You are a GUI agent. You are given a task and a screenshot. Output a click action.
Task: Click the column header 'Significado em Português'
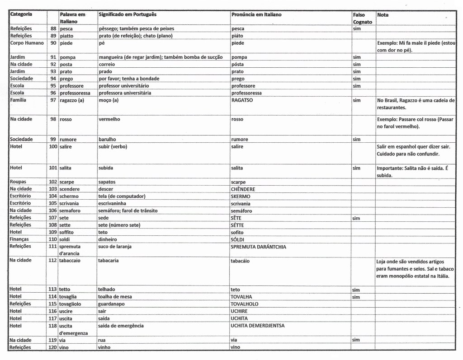(x=128, y=15)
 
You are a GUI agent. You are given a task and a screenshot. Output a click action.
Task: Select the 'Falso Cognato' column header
(x=362, y=18)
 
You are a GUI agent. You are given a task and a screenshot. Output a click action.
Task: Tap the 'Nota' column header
(x=383, y=15)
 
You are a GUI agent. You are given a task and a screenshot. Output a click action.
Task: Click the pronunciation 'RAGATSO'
(x=242, y=100)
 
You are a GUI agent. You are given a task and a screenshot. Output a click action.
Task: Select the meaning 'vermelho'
(x=109, y=120)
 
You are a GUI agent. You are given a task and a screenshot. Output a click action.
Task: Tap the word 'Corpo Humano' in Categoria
(x=27, y=43)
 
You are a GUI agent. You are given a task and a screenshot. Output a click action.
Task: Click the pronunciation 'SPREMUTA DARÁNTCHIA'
(x=258, y=247)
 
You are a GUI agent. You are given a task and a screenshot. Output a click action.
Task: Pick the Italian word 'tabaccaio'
(x=70, y=261)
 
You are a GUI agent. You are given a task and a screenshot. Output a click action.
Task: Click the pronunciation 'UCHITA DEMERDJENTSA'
(x=258, y=326)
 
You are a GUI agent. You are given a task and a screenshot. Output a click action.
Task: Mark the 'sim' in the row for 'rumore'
(x=357, y=140)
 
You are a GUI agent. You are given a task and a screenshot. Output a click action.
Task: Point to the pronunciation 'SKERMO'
(x=240, y=196)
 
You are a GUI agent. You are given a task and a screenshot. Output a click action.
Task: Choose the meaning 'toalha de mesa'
(x=116, y=297)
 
